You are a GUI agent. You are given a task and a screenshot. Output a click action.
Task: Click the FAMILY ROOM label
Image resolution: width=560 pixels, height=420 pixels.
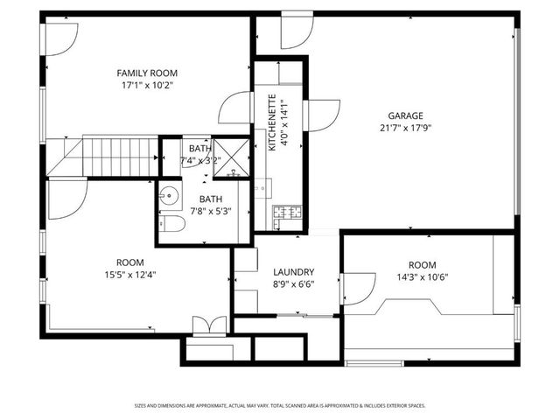click(143, 73)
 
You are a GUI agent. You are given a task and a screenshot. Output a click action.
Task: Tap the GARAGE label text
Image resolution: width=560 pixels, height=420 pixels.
click(406, 115)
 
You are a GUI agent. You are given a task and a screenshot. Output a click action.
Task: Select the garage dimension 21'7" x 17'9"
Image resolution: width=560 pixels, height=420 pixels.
click(406, 128)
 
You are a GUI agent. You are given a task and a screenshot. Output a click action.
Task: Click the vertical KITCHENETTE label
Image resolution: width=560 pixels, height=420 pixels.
click(272, 123)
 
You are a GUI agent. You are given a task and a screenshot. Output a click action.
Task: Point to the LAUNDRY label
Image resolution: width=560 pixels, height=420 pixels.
click(293, 272)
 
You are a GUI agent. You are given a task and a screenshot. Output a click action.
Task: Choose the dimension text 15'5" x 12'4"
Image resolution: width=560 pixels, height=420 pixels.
click(130, 275)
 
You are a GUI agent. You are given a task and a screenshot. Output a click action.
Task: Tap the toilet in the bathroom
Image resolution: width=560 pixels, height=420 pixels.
click(171, 226)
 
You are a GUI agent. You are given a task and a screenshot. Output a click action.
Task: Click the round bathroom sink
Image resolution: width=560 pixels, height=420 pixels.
click(169, 197)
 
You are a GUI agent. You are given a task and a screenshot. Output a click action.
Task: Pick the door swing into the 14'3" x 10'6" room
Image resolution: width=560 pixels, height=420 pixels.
click(355, 285)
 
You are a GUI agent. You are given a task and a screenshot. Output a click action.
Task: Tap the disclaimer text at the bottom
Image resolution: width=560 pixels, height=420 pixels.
click(280, 405)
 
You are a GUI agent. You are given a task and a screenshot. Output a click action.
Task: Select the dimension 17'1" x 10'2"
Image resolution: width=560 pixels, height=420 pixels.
click(143, 86)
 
